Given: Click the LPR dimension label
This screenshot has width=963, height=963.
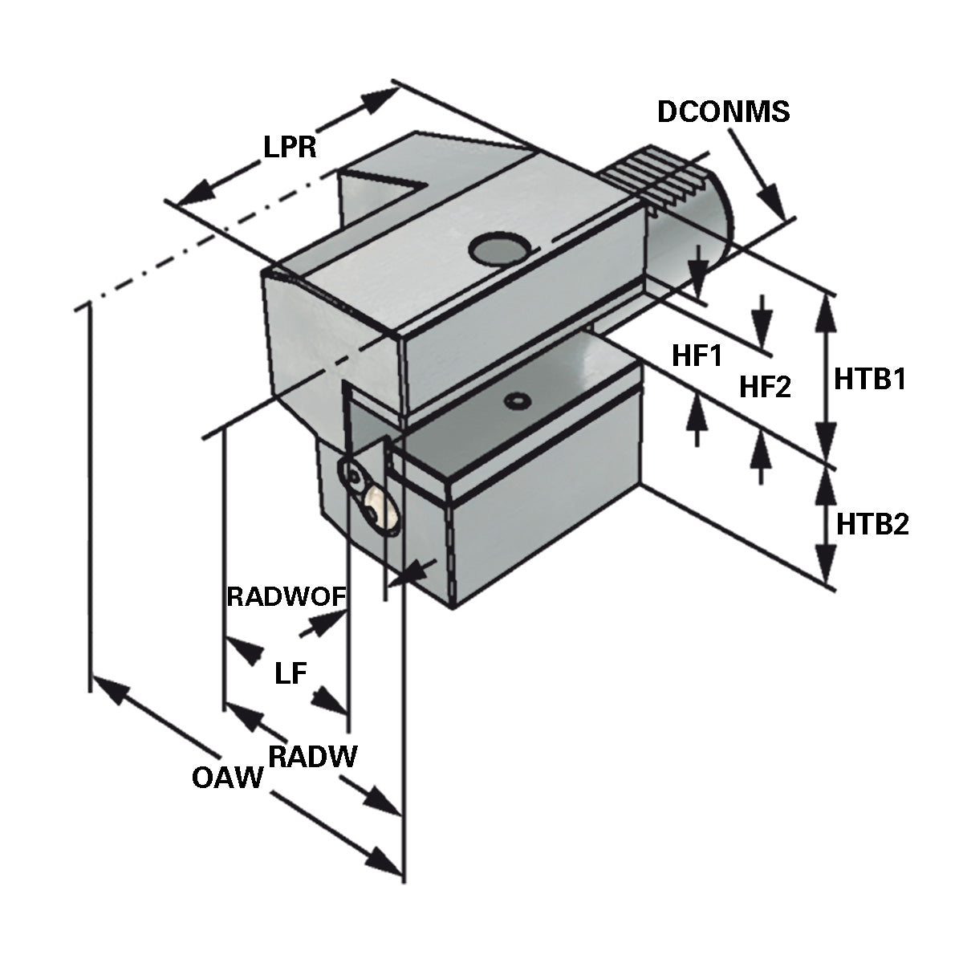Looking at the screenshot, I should [290, 147].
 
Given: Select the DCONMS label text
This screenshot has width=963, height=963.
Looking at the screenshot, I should [723, 112].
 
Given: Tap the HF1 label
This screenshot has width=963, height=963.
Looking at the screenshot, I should [697, 356].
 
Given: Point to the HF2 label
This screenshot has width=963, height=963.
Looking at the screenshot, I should [765, 388].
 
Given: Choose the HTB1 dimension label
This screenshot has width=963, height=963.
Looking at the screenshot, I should [870, 379].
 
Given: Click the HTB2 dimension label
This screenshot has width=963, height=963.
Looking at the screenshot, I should [872, 525].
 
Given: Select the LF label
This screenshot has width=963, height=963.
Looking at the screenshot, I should [291, 673].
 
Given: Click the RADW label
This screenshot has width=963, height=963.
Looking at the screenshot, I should [312, 756].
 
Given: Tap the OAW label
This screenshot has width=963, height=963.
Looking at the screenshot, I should [228, 777].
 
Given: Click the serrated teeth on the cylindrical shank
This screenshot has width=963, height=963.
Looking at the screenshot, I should [658, 177].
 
